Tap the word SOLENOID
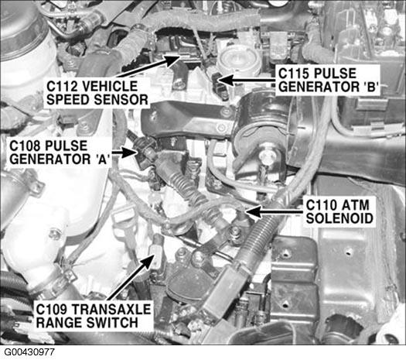[x=339, y=218]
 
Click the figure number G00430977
[x=29, y=352]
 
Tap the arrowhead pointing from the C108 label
[x=129, y=153]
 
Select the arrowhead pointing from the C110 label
[x=252, y=211]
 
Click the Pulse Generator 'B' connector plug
[x=220, y=85]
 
